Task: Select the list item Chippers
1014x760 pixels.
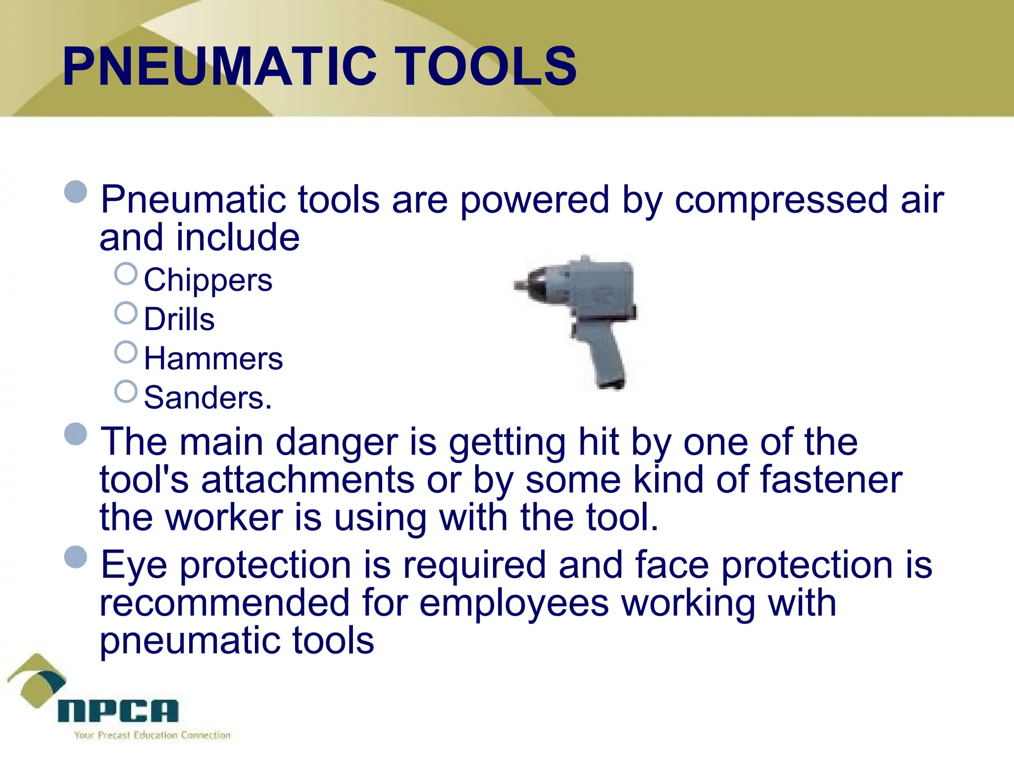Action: (x=208, y=280)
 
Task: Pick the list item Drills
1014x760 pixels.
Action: (x=179, y=319)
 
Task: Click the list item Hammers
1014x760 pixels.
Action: (x=213, y=358)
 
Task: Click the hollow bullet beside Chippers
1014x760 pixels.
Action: (x=126, y=274)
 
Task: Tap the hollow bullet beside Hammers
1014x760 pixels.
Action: (x=126, y=352)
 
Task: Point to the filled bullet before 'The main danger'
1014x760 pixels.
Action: (x=76, y=434)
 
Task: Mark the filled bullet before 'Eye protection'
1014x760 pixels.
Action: (x=76, y=557)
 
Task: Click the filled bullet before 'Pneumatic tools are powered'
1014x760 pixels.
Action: (x=76, y=191)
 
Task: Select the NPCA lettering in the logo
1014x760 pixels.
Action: (x=118, y=711)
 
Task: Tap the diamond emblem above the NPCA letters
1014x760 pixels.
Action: (x=37, y=680)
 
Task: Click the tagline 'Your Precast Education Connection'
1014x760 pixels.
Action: (x=152, y=735)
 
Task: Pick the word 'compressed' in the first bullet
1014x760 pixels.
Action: (x=781, y=200)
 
